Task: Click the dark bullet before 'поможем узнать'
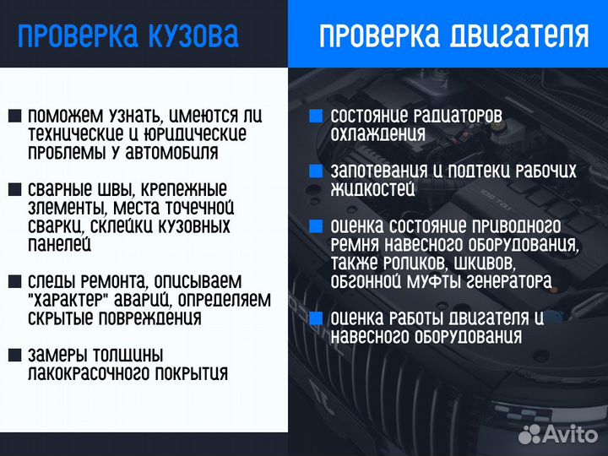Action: pos(14,116)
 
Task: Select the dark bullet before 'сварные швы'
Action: pos(14,190)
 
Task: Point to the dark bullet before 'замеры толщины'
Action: pos(14,356)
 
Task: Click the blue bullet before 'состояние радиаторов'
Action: pos(316,116)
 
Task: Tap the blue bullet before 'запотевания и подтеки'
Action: pos(316,171)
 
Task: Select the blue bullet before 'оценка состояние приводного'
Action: pos(316,227)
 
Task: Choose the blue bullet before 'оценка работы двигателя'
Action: pos(316,318)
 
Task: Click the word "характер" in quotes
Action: pos(70,300)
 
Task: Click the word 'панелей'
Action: pos(59,245)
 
